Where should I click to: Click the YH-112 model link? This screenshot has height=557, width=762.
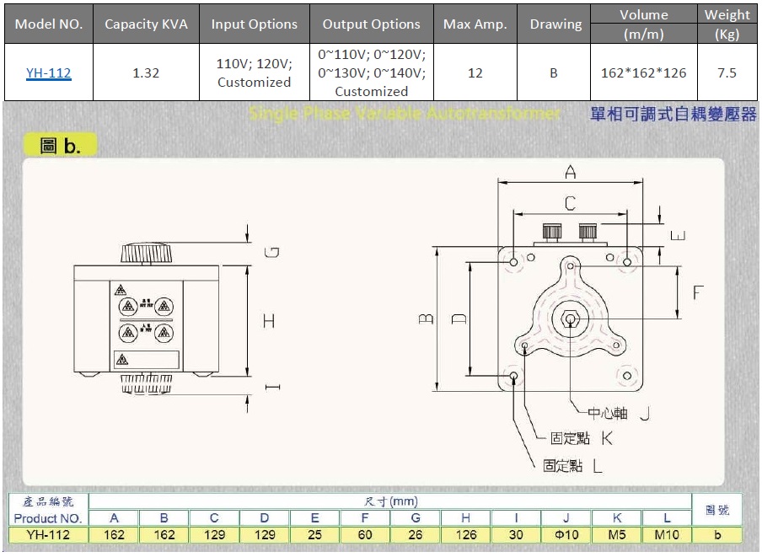tap(48, 73)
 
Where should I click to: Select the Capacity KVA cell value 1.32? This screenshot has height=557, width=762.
tap(146, 73)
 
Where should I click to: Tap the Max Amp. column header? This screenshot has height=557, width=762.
tap(475, 24)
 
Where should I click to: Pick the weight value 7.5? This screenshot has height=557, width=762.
tap(727, 73)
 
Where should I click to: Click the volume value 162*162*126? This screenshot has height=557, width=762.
tap(643, 73)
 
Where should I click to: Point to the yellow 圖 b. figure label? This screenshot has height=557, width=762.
tap(61, 145)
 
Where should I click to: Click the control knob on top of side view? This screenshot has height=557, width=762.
tap(147, 253)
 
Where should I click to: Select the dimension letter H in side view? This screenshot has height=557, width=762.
tap(269, 321)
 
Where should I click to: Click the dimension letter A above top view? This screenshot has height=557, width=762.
tap(570, 172)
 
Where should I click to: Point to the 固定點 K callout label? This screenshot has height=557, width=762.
tap(581, 438)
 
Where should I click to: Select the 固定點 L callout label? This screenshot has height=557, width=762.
tap(573, 465)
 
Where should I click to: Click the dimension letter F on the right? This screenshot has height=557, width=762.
tap(698, 292)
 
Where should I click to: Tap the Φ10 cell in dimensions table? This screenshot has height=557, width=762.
tap(566, 534)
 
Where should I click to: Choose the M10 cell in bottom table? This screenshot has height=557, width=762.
tap(666, 534)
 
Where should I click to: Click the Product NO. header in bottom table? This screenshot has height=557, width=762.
tap(48, 518)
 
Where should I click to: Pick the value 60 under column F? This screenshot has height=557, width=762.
tap(365, 534)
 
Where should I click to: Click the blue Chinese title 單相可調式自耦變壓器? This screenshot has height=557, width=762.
tap(673, 115)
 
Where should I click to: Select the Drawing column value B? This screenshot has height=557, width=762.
tap(554, 73)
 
